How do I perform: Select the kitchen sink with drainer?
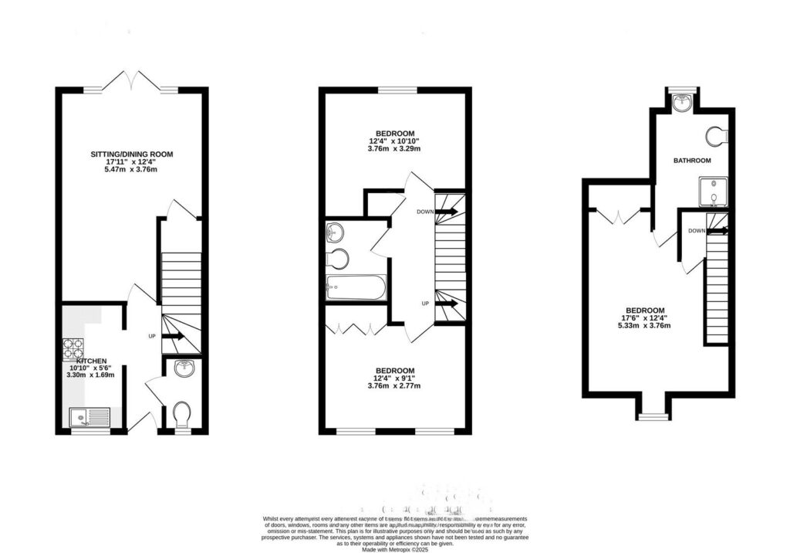pyautogui.click(x=91, y=418)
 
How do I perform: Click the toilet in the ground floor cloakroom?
pyautogui.click(x=183, y=416)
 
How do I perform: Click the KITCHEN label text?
pyautogui.click(x=91, y=361)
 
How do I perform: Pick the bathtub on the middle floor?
pyautogui.click(x=355, y=288)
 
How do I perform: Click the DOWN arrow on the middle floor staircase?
pyautogui.click(x=447, y=211)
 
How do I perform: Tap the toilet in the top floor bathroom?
pyautogui.click(x=717, y=136)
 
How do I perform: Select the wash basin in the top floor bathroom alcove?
pyautogui.click(x=680, y=102)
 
